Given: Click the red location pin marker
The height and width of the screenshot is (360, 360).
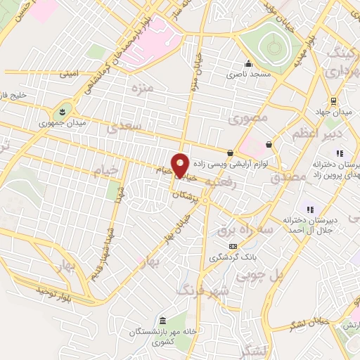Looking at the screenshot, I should (x=181, y=165).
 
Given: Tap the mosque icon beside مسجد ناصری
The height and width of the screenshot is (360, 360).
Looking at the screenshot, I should (x=247, y=63).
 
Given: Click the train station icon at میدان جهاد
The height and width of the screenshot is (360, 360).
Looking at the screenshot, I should (x=332, y=100).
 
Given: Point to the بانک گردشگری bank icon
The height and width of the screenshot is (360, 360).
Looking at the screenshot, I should (x=233, y=246).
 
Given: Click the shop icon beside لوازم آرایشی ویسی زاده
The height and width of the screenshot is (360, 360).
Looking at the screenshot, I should (x=230, y=153).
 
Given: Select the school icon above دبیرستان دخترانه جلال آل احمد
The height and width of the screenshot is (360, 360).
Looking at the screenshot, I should (x=308, y=209).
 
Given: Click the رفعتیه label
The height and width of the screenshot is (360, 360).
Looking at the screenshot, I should (x=222, y=183).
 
